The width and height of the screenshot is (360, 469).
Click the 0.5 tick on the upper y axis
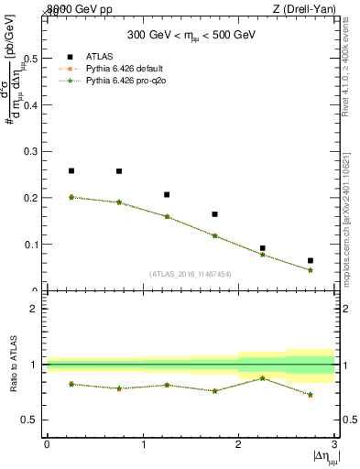coord(30,58)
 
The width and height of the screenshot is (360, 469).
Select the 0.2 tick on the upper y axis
coord(30,198)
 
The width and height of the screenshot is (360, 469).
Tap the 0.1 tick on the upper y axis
coord(30,245)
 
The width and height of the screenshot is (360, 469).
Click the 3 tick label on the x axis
coord(335,444)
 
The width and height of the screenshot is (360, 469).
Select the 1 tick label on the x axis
coord(143,444)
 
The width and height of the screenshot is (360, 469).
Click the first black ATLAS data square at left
coord(71,170)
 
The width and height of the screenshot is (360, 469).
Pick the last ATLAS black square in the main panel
coord(311,261)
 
